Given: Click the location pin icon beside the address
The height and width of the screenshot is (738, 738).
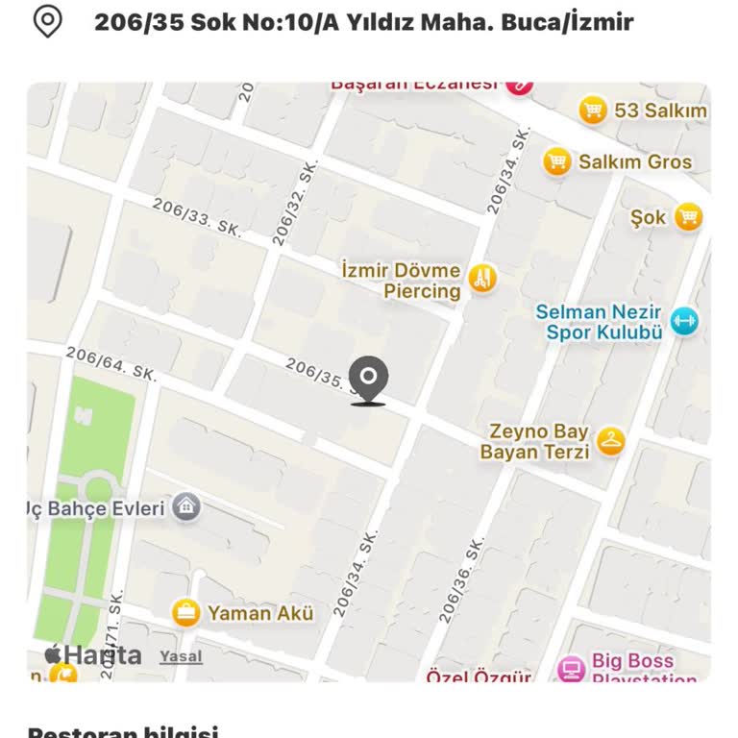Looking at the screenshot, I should (47, 21).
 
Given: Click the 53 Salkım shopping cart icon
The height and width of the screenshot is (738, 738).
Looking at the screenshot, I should (593, 111).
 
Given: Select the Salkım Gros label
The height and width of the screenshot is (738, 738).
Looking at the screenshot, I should (634, 161).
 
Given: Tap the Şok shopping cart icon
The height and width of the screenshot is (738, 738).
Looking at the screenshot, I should (688, 217).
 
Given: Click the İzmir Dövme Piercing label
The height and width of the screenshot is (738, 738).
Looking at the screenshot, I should (401, 281).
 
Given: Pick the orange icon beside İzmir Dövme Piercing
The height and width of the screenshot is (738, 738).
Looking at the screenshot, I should (482, 280).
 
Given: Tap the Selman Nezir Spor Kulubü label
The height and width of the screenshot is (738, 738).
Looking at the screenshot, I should (599, 322).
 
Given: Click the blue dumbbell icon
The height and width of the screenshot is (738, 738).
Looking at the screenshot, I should (684, 321).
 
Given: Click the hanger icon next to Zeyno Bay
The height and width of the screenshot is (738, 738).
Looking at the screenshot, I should (610, 441).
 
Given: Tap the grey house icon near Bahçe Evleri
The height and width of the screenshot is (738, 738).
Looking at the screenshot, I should (186, 507).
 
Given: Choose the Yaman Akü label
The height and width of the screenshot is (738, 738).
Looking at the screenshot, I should (260, 613).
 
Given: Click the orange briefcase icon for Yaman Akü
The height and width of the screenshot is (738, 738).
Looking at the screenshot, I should (185, 612).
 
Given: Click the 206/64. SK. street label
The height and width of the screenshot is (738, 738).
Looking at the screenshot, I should (111, 364).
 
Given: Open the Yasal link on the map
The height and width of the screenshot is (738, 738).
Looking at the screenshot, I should (181, 656).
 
